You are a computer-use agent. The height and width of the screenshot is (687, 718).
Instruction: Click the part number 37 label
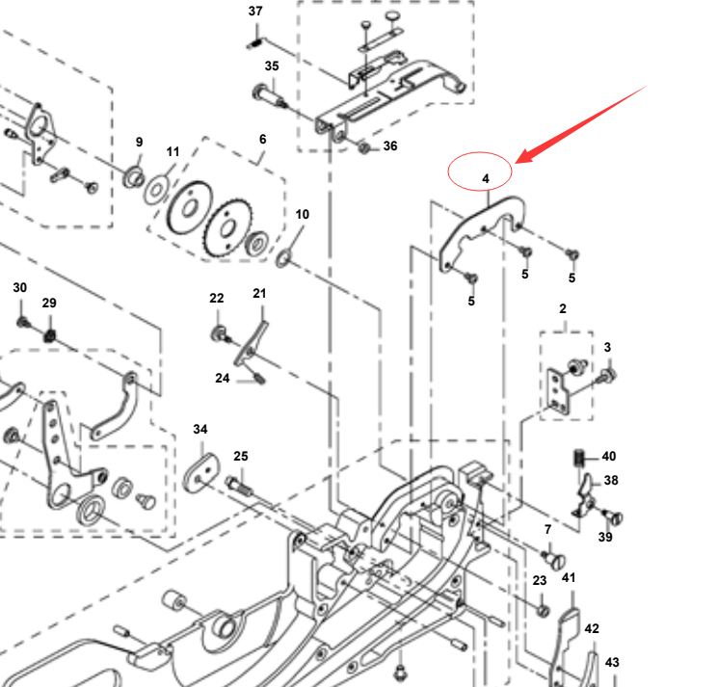[255, 12]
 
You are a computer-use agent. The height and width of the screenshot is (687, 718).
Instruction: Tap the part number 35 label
[272, 66]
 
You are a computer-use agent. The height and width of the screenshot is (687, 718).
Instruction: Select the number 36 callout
[389, 146]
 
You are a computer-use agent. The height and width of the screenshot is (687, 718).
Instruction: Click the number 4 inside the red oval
[486, 178]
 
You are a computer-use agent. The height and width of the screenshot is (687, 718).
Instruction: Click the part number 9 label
[139, 143]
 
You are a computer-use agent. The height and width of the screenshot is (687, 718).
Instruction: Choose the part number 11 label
[173, 152]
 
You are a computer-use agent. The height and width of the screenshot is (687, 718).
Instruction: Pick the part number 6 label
[262, 139]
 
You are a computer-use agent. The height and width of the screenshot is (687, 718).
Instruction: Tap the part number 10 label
[302, 214]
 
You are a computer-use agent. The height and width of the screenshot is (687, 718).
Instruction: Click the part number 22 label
[217, 299]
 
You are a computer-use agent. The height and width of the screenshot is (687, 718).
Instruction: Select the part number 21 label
[259, 294]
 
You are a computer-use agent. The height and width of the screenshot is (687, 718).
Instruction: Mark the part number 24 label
[223, 379]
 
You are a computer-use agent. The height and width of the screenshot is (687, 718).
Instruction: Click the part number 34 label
[199, 429]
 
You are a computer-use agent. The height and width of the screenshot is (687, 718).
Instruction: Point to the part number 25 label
[241, 456]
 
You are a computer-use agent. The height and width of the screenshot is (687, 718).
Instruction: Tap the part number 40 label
[609, 457]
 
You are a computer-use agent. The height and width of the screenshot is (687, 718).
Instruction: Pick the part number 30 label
[20, 288]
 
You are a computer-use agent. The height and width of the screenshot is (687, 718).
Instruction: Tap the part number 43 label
[613, 662]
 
